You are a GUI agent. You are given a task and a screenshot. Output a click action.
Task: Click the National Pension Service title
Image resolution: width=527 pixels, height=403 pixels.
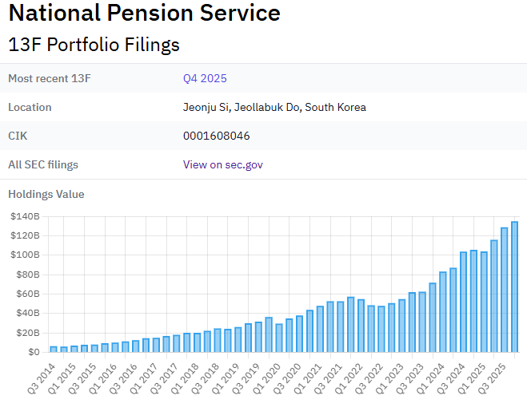click(x=144, y=14)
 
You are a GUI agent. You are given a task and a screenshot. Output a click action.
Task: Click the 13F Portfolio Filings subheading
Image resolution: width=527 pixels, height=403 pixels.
click(x=94, y=45)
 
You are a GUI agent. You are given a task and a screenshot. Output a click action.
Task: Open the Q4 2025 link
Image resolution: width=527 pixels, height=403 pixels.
click(x=205, y=78)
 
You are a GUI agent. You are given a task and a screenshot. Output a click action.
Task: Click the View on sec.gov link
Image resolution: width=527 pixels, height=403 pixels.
click(x=222, y=164)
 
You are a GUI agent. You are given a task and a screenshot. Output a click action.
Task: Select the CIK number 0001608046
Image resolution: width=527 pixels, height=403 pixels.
click(x=216, y=136)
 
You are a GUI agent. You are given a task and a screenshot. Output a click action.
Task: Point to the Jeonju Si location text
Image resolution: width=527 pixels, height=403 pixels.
click(x=274, y=107)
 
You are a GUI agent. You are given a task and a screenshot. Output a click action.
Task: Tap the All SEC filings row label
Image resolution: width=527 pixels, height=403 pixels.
click(x=43, y=164)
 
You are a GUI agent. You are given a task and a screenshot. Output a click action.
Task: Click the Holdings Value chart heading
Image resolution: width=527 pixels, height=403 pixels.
click(x=46, y=194)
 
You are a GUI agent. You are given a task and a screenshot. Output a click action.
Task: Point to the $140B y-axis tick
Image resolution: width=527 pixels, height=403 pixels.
click(x=26, y=216)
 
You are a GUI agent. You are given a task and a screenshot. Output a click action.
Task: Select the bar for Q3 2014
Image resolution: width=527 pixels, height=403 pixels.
click(x=54, y=349)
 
